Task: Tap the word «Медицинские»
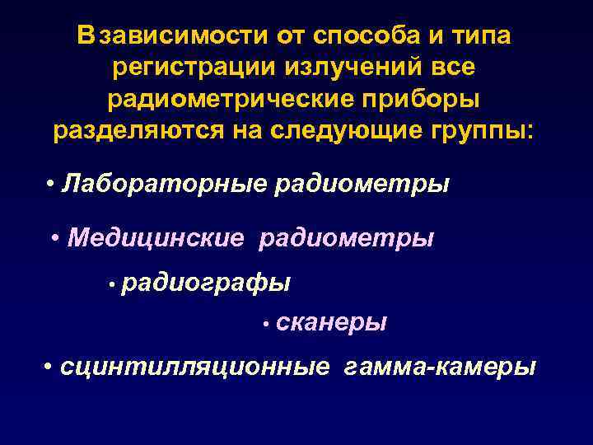(x=156, y=239)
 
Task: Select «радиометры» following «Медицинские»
(x=347, y=239)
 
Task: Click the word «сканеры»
(x=332, y=323)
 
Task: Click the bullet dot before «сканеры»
(x=267, y=326)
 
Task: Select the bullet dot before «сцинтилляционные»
(x=50, y=366)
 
